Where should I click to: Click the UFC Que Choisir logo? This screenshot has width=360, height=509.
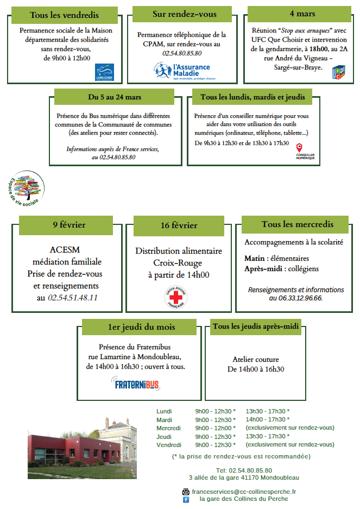(x=338, y=72)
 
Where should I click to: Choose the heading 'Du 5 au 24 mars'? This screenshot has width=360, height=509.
(x=115, y=97)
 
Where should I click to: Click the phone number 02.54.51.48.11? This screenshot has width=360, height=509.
(x=73, y=298)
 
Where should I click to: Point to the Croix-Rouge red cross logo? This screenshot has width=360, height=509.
(x=176, y=298)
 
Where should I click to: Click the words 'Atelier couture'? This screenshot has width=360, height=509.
(x=256, y=360)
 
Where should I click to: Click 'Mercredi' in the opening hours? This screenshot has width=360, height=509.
(x=168, y=428)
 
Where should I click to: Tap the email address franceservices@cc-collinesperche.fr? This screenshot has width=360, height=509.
(x=244, y=491)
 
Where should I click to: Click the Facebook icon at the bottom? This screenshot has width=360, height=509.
(x=186, y=499)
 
